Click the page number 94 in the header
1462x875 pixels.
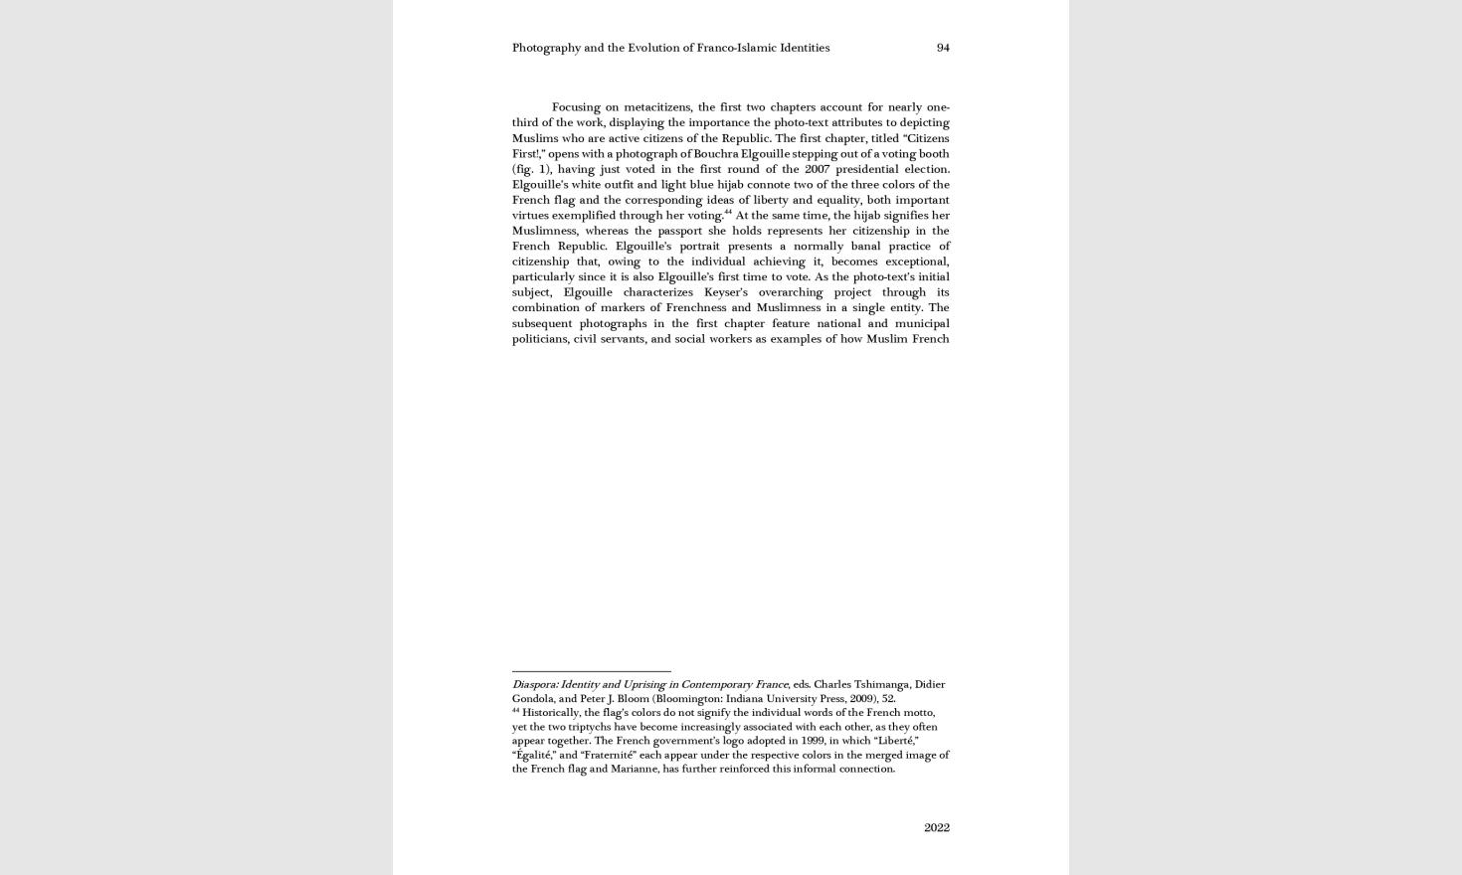tap(943, 48)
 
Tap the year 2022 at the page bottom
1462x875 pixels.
tap(936, 827)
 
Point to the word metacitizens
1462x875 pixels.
tap(656, 107)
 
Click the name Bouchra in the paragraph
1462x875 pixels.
tap(716, 154)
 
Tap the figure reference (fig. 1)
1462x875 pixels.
tap(531, 169)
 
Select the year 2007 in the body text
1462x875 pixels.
tap(817, 169)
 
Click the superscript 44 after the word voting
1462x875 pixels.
tap(727, 212)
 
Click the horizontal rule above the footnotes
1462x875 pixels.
tap(591, 671)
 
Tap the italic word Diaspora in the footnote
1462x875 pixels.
tap(534, 684)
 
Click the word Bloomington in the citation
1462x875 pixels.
tap(686, 698)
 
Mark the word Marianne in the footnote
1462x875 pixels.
tap(634, 769)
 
